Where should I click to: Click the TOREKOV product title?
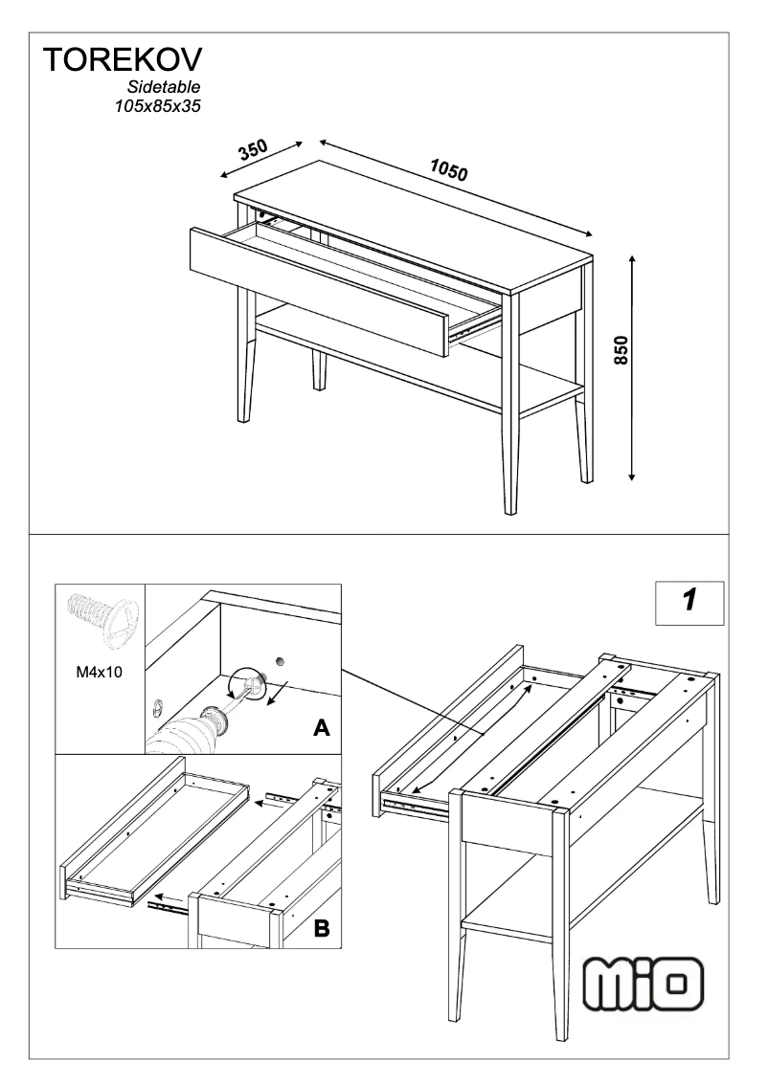(122, 61)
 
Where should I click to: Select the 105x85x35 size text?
(157, 106)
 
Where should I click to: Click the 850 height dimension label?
(621, 355)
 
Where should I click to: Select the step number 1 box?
(689, 601)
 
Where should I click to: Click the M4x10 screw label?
(99, 673)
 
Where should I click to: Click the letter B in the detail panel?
(322, 926)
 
